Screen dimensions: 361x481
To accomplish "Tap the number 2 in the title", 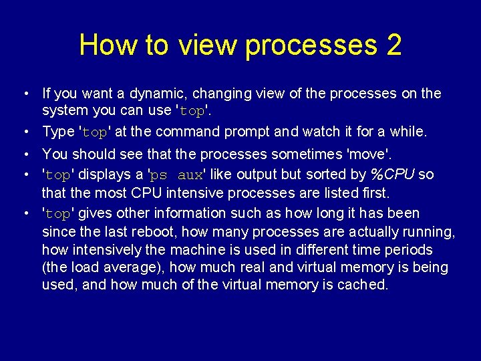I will pos(393,45).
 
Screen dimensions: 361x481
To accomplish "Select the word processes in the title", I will pos(311,45).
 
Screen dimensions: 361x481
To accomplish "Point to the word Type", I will pos(58,132).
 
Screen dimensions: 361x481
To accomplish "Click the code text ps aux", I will pos(177,176).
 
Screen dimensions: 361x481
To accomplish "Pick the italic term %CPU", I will pos(393,175).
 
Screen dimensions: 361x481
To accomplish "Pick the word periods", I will pos(408,250).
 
